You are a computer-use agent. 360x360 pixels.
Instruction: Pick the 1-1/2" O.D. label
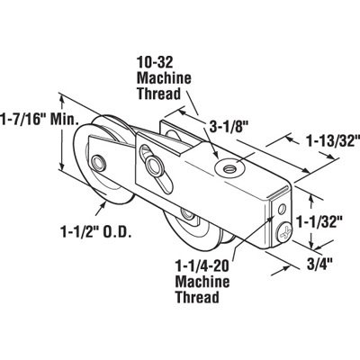click(98, 231)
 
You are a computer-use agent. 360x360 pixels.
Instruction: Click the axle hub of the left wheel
click(95, 163)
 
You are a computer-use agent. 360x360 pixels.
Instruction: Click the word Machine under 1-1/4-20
click(200, 282)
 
